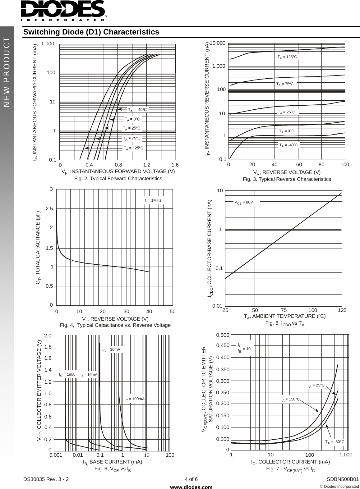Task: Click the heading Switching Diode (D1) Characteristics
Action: [x=91, y=32]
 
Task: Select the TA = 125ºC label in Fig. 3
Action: [x=287, y=57]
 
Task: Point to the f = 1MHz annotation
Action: [x=153, y=200]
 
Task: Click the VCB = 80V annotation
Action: [x=244, y=202]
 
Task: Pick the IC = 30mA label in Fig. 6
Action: [x=111, y=350]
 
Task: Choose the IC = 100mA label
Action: [x=135, y=399]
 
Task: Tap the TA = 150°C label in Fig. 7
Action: [x=289, y=399]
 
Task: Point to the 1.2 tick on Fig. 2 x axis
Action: [x=147, y=165]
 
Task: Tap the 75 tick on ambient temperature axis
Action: [x=284, y=310]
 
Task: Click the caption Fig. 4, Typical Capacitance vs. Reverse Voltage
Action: [x=115, y=325]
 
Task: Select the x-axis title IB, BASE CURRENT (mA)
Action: [x=113, y=462]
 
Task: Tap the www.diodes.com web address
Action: [x=192, y=487]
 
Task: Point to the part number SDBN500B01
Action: [x=343, y=479]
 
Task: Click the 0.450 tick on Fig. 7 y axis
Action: [x=223, y=345]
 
